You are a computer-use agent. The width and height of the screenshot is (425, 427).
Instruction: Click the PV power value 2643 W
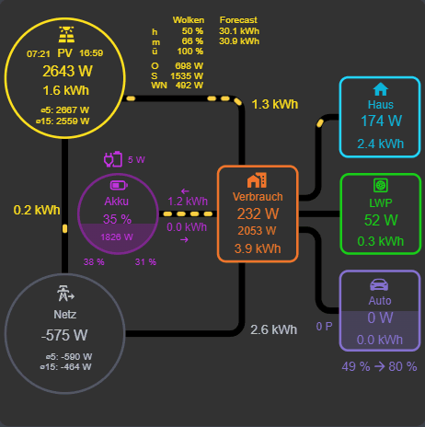tap(65, 72)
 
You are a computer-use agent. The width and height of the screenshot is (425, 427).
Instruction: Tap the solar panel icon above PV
tap(66, 34)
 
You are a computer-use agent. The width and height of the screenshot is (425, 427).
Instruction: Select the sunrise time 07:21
tap(39, 54)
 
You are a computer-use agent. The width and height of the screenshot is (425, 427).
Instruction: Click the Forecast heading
tap(238, 19)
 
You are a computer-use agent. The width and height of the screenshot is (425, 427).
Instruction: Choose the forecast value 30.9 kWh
tap(239, 41)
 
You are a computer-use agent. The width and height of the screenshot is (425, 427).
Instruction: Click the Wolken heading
tap(188, 19)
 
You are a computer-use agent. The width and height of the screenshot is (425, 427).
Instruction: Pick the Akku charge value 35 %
tap(117, 219)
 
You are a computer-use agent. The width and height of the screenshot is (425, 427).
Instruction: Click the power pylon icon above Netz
tap(64, 294)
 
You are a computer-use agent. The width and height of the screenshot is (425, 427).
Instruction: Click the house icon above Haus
tap(380, 89)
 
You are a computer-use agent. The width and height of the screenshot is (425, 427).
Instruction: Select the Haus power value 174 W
tap(380, 121)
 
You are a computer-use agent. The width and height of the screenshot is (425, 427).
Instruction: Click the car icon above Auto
tap(380, 283)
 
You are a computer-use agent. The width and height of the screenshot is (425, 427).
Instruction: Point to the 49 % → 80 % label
tap(379, 367)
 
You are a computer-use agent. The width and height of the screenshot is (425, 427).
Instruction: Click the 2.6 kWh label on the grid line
tap(273, 329)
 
